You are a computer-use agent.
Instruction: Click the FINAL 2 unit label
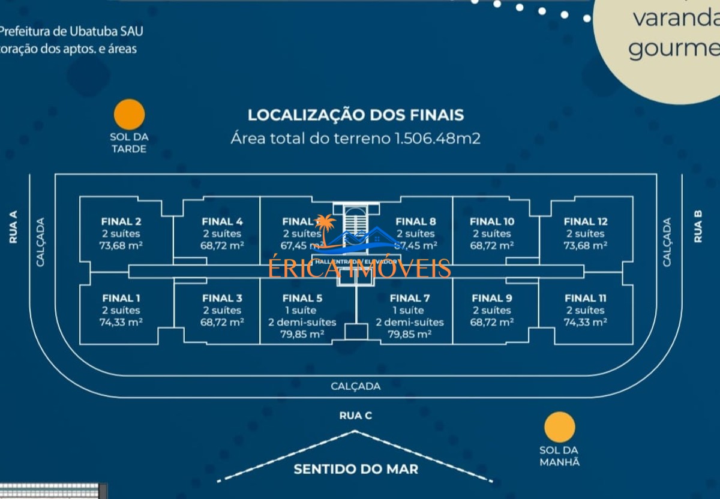click(x=121, y=221)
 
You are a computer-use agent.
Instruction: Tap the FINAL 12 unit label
click(x=586, y=221)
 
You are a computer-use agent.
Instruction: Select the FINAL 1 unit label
click(x=121, y=298)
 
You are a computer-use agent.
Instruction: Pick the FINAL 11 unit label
click(x=586, y=298)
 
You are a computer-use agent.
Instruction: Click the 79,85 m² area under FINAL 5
click(x=302, y=334)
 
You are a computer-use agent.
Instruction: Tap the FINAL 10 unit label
click(x=492, y=221)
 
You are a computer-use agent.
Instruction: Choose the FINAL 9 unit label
click(x=492, y=298)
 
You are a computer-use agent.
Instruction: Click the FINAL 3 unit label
click(x=222, y=298)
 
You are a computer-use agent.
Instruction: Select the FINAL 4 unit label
click(x=222, y=221)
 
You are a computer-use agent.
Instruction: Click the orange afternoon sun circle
click(x=130, y=115)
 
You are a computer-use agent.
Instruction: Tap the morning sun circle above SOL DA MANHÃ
click(x=560, y=428)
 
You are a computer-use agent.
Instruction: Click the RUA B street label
click(x=698, y=227)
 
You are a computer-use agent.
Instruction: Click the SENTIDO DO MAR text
click(x=356, y=468)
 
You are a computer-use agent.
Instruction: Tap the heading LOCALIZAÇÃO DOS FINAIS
click(x=356, y=115)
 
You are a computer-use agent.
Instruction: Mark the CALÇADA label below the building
click(x=356, y=386)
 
